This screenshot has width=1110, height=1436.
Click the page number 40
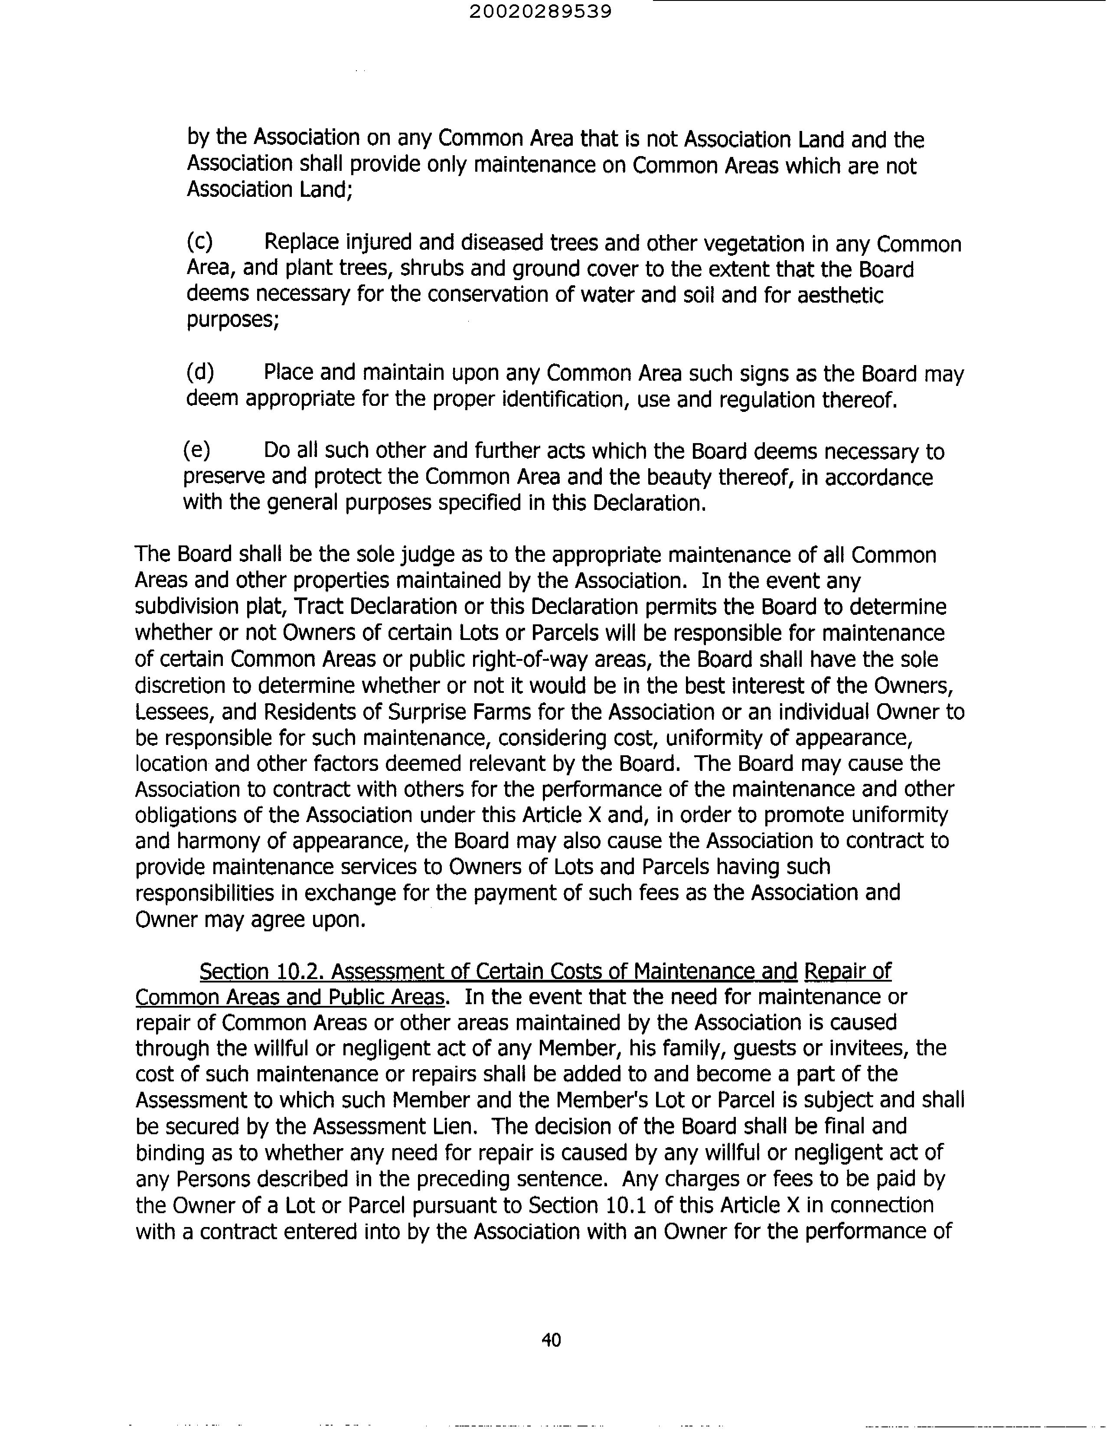click(x=551, y=1339)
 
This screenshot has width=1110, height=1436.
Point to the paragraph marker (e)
click(x=196, y=450)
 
